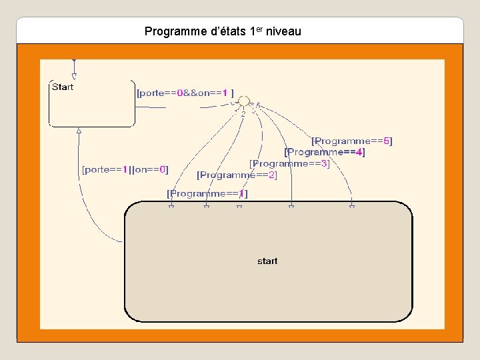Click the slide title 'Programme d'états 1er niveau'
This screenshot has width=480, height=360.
[x=223, y=31]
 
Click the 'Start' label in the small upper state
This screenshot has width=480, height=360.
[x=63, y=87]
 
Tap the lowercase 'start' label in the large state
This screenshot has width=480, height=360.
[x=267, y=261]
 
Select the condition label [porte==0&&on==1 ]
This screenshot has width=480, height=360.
[x=185, y=93]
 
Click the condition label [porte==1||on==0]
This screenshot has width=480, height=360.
[x=125, y=169]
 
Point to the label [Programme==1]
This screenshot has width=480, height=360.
[x=207, y=193]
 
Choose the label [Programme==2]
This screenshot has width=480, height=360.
[x=237, y=175]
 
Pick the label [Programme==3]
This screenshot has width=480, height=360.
[x=289, y=163]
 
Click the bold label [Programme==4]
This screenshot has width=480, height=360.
[x=325, y=152]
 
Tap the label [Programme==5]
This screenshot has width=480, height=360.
[x=352, y=141]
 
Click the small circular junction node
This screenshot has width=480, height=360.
[x=244, y=100]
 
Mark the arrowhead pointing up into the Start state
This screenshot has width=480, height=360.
[x=79, y=131]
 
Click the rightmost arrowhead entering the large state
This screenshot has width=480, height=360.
[x=352, y=206]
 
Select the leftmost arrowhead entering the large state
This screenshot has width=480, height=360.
[x=171, y=206]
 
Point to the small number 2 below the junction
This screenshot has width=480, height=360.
[x=243, y=114]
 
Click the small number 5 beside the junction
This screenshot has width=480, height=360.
[x=257, y=105]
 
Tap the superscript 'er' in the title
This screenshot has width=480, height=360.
[x=260, y=29]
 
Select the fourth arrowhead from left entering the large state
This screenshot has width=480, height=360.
[x=291, y=206]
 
